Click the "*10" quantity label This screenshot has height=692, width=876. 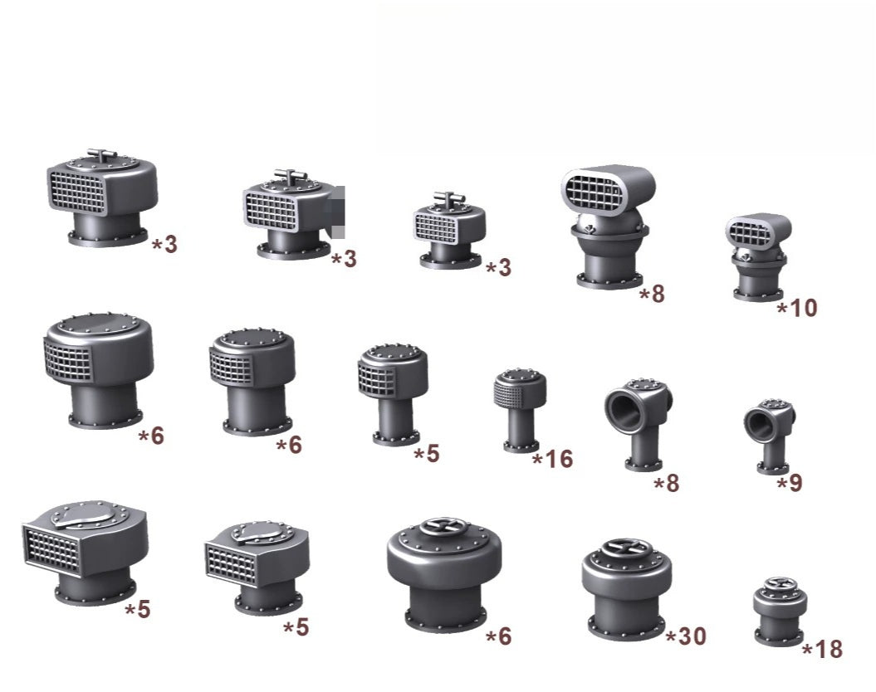[x=797, y=308]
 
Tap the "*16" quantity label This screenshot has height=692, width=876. [x=552, y=459]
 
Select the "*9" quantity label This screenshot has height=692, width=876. [x=790, y=483]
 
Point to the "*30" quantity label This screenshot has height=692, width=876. [x=686, y=636]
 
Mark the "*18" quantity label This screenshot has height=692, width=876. [x=822, y=650]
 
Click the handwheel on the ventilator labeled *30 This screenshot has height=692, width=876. [x=625, y=546]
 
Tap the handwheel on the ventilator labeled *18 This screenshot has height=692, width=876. [x=780, y=583]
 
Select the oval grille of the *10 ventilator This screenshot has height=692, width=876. [x=751, y=234]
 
